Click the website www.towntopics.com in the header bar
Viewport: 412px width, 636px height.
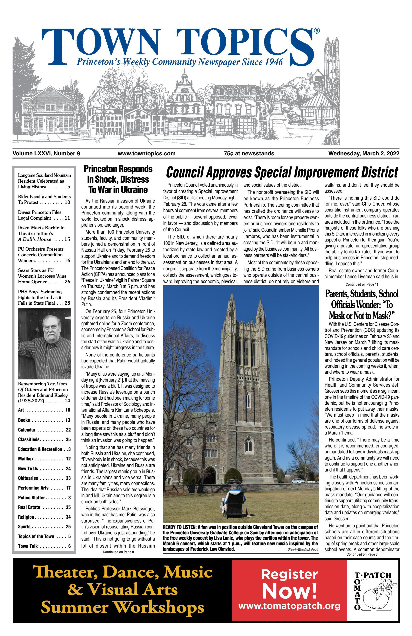(x=146, y=154)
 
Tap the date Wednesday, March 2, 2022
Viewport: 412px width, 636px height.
(x=363, y=154)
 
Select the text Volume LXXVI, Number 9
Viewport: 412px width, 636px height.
(x=46, y=154)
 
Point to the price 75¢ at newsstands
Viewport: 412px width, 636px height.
(x=249, y=154)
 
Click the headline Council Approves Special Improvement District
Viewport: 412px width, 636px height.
(x=282, y=172)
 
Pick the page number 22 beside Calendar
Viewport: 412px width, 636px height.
(x=68, y=430)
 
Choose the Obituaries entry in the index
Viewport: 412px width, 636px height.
(x=28, y=478)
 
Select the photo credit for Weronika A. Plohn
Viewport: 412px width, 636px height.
(x=302, y=550)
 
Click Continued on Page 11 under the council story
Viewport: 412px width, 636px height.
(x=362, y=285)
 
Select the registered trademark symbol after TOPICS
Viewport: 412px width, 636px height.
(x=316, y=31)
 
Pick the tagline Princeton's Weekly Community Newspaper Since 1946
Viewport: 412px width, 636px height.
(x=180, y=62)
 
